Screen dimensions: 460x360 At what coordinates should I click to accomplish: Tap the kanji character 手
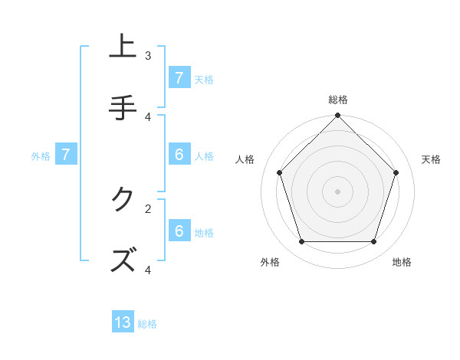123,107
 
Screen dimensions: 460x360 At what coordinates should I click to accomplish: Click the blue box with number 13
123,322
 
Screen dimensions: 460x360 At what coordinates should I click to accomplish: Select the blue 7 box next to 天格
179,77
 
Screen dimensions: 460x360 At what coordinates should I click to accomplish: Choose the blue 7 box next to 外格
66,155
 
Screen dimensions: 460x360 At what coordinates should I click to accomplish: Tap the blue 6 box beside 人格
179,155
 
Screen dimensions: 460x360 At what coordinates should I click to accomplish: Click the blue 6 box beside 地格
179,231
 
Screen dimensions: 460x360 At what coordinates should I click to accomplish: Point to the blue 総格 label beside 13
147,324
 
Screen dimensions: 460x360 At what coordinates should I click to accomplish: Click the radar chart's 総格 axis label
338,100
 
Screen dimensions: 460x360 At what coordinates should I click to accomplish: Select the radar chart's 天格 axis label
431,159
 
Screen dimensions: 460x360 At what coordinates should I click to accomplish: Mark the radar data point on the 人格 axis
280,172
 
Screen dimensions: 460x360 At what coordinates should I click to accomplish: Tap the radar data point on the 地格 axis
373,241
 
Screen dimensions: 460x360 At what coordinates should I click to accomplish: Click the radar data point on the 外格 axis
302,241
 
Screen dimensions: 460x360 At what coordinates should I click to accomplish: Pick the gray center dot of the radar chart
338,191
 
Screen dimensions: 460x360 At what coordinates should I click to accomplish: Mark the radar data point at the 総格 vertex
338,116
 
